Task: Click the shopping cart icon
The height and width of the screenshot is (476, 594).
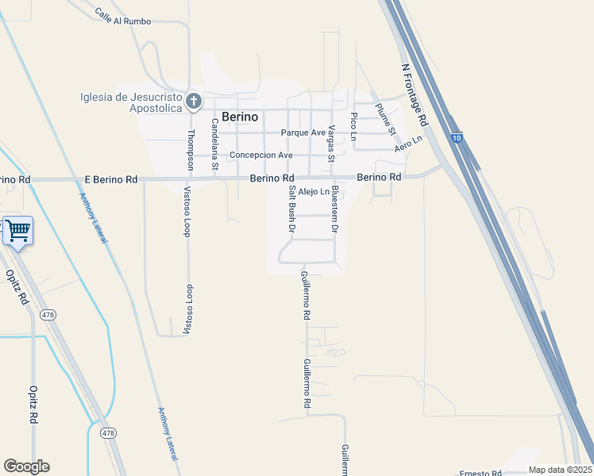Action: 17,231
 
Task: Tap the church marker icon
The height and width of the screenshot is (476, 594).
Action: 192,101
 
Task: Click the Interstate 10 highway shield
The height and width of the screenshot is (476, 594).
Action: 456,137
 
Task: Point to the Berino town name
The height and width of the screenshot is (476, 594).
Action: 240,117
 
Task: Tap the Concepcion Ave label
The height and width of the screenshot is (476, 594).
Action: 261,155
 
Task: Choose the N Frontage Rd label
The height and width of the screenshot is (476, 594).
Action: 415,96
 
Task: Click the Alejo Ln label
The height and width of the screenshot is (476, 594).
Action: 314,192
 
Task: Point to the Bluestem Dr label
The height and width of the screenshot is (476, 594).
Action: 335,209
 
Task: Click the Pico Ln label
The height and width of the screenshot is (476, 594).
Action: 354,126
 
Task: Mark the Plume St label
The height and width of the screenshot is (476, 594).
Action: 385,120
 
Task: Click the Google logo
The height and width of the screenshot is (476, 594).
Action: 26,466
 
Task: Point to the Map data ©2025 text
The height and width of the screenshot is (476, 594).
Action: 559,470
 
